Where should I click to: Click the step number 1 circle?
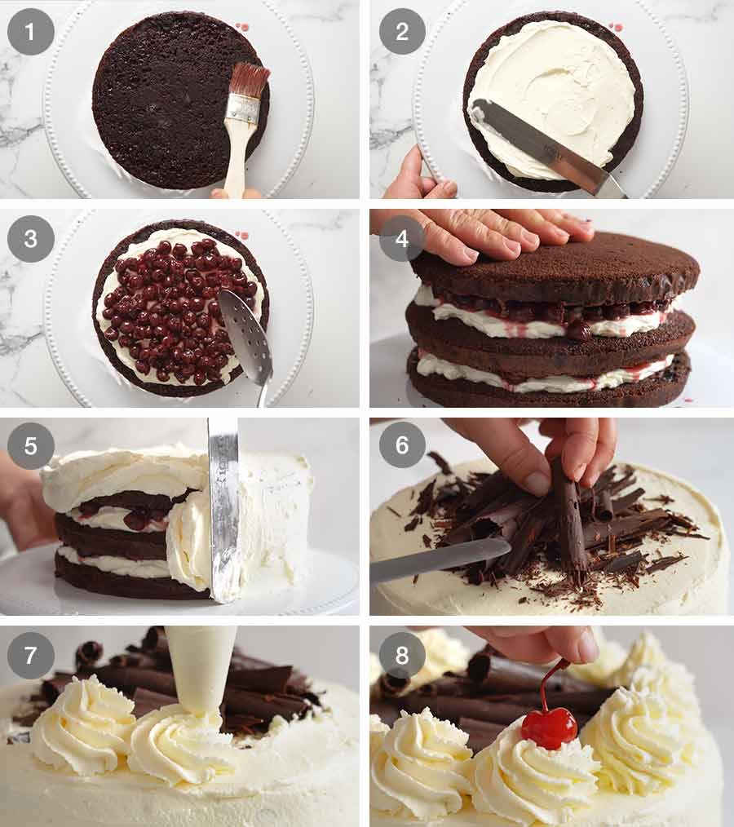pyautogui.click(x=31, y=32)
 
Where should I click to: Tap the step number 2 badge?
pyautogui.click(x=402, y=32)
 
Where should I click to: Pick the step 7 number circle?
pyautogui.click(x=31, y=655)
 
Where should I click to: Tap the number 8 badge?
pyautogui.click(x=402, y=655)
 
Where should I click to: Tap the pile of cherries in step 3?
pyautogui.click(x=175, y=310)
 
